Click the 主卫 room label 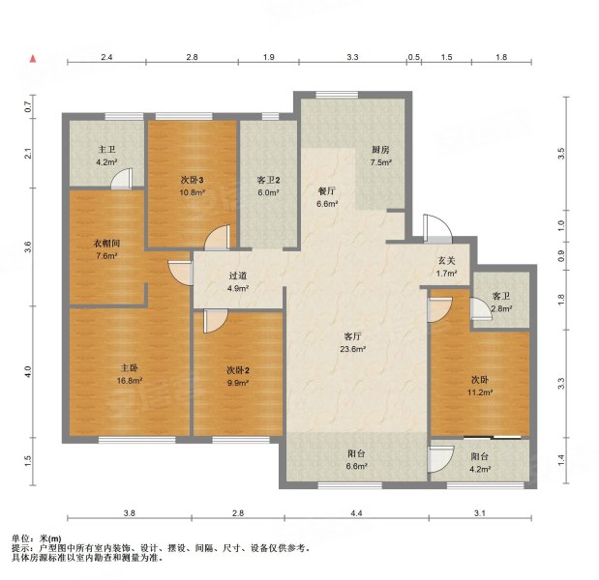pyautogui.click(x=106, y=150)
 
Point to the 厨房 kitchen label pyautogui.click(x=381, y=150)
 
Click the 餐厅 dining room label pyautogui.click(x=327, y=190)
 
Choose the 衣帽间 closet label pyautogui.click(x=106, y=244)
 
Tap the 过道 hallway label pyautogui.click(x=237, y=275)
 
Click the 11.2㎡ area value pyautogui.click(x=480, y=393)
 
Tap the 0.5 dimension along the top pyautogui.click(x=413, y=58)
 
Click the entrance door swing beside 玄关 pyautogui.click(x=436, y=228)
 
